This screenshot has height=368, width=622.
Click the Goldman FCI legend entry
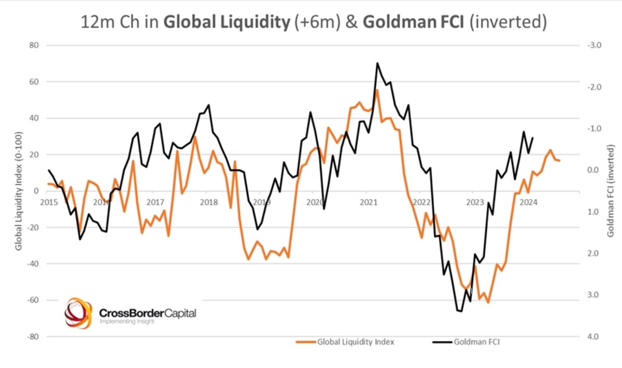click(x=476, y=342)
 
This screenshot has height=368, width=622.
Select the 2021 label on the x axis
click(x=368, y=201)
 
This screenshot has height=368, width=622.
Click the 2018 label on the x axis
click(x=208, y=201)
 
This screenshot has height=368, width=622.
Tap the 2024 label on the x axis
click(x=528, y=201)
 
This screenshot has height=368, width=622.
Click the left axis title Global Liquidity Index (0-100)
click(x=19, y=191)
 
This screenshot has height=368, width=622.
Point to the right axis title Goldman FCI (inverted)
click(x=611, y=191)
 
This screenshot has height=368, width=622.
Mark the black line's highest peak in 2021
click(x=377, y=63)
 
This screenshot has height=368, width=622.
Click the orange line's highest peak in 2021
click(x=377, y=90)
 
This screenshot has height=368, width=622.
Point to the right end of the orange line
click(x=559, y=160)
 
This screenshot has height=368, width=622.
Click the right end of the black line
click(x=533, y=138)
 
